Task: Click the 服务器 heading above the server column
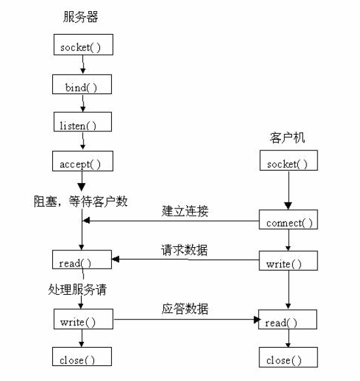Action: (x=80, y=17)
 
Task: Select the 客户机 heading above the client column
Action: (x=287, y=137)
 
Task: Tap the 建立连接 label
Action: (x=185, y=211)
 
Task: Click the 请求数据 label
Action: (x=184, y=250)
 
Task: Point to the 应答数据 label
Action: (x=185, y=309)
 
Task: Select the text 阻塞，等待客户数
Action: (x=80, y=201)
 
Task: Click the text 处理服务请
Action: (x=78, y=289)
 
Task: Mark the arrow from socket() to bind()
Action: (x=83, y=65)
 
